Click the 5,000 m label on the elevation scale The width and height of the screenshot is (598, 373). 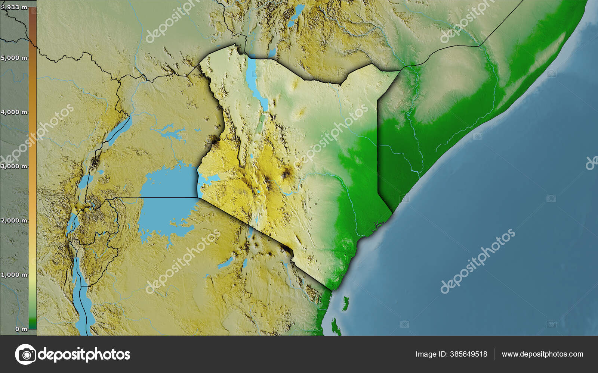pos(14,58)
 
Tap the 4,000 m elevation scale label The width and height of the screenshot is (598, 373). pos(14,112)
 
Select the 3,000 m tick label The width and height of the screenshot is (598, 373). pos(14,166)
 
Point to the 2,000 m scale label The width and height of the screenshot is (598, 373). pos(14,220)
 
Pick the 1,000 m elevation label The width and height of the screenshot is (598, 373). pos(14,275)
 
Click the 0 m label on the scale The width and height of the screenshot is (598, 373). pos(21,329)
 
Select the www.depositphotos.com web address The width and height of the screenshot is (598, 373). pos(542,354)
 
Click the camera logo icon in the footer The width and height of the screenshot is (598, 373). pos(25,354)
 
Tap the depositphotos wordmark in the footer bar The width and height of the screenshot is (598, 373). pos(84,354)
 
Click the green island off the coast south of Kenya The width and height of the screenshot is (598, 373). pos(345,303)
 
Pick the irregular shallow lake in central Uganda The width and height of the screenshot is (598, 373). pos(170,132)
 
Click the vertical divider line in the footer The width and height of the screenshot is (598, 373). pos(494,354)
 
